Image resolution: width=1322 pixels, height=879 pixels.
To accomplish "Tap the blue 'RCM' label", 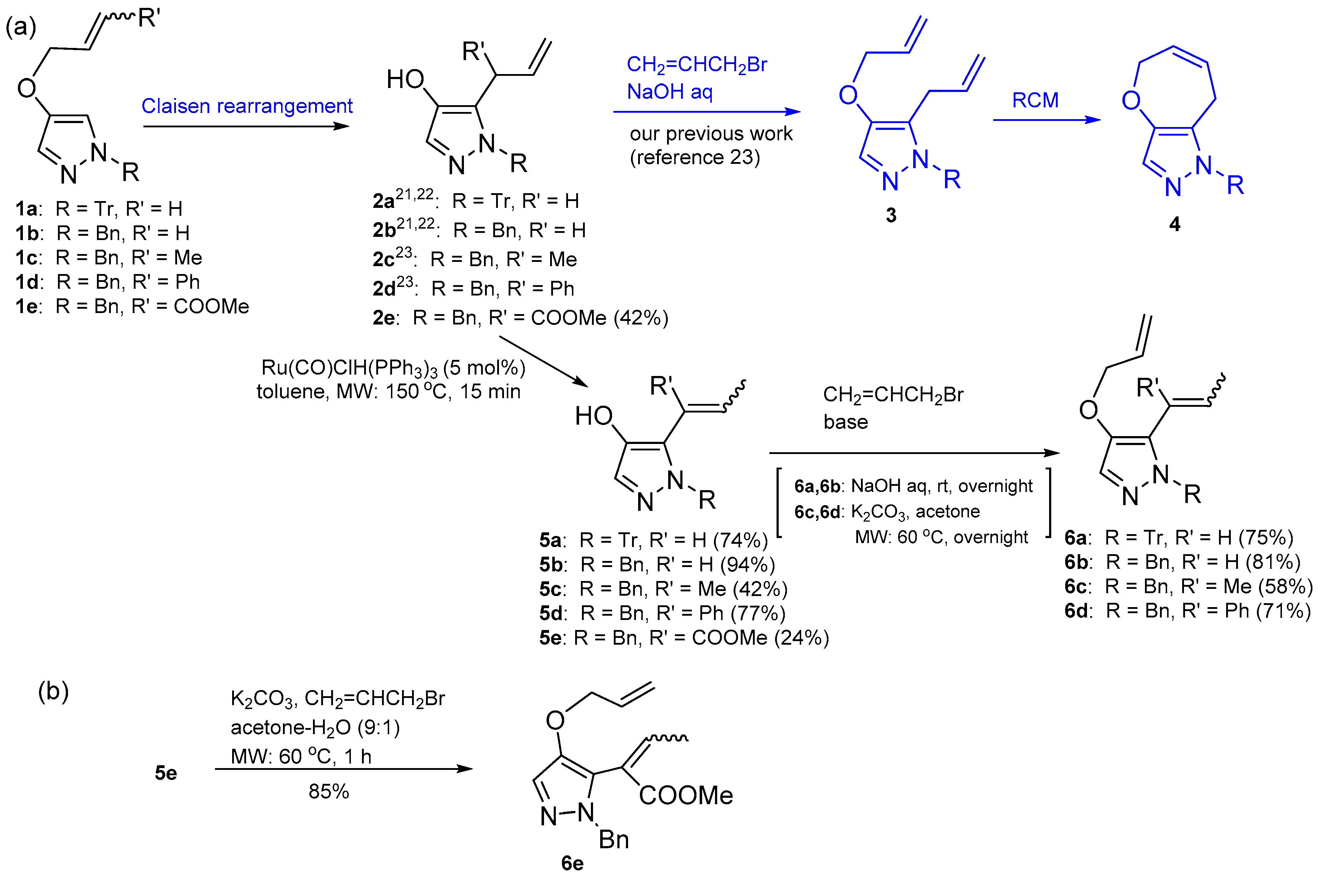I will [1035, 100].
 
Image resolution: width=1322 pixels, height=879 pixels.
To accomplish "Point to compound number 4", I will [1175, 224].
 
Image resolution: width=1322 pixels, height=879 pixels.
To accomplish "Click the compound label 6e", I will [572, 863].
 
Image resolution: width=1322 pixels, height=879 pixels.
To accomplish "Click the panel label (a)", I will [21, 26].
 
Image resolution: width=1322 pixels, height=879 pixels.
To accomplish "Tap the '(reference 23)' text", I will [695, 157].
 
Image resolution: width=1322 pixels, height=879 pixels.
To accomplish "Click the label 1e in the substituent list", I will [27, 307].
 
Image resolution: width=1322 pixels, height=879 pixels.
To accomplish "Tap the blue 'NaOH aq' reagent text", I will [669, 91].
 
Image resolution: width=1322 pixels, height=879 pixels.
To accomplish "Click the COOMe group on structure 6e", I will [686, 796].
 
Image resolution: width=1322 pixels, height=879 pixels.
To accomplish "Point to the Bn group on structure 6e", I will [614, 840].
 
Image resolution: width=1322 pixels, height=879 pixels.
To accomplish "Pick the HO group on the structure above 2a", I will [405, 80].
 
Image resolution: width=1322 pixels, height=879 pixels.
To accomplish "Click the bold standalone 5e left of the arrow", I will [166, 773].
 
